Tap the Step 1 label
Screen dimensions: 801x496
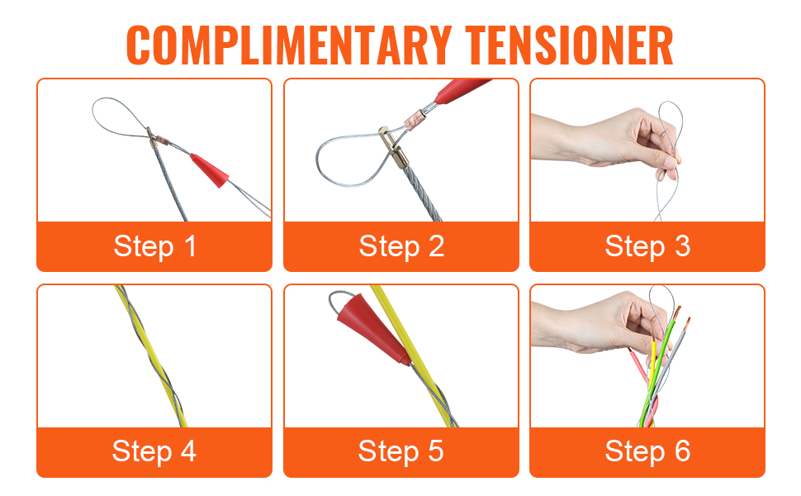tap(154, 246)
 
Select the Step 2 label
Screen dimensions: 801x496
tap(401, 246)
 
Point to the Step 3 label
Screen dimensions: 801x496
tap(647, 246)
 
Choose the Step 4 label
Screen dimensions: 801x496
tap(154, 451)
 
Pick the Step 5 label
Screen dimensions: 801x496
tap(401, 451)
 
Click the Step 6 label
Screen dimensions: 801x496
tap(647, 451)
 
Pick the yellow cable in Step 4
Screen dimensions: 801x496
tap(151, 356)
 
